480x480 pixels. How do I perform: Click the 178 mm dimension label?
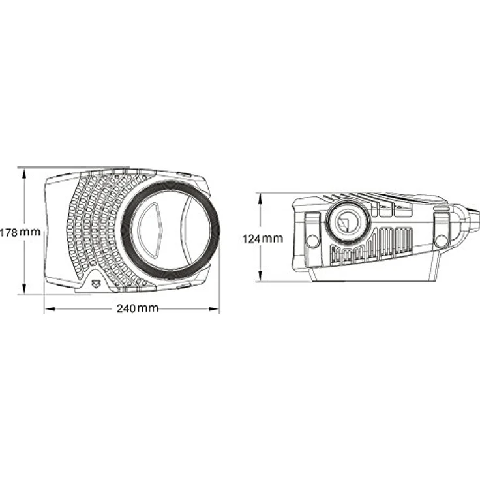tap(20, 232)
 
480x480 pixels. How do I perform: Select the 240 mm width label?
tap(138, 308)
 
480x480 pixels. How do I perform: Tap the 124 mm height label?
tap(263, 239)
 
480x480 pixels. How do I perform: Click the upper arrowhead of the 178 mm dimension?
tap(23, 174)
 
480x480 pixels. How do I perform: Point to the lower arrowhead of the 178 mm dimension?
tap(23, 289)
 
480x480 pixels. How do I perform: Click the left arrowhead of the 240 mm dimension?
tap(50, 309)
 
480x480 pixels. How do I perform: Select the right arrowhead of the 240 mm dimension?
tap(214, 309)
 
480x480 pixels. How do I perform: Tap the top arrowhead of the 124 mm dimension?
tap(260, 200)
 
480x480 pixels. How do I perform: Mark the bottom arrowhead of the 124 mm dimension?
tap(260, 276)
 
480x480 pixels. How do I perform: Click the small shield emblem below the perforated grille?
tap(97, 284)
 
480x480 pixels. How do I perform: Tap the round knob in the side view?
tap(348, 221)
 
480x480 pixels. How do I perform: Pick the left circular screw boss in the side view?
tap(312, 239)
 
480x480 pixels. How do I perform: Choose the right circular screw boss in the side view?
tap(442, 240)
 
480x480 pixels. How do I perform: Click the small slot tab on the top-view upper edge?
tap(184, 175)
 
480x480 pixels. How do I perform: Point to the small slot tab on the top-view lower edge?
tap(184, 286)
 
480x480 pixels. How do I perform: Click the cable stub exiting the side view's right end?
tap(474, 218)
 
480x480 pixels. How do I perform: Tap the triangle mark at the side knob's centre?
tap(345, 222)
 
